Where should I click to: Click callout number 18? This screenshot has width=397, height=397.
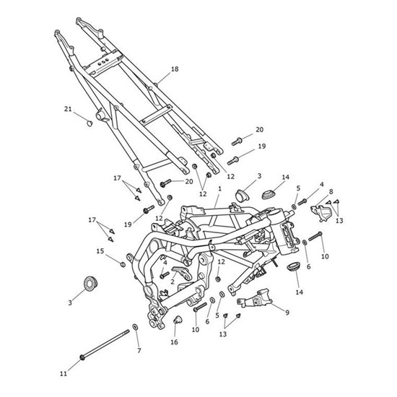[x=175, y=69]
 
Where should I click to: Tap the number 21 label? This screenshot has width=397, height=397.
[x=68, y=109]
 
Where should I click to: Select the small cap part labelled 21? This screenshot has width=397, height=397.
[x=90, y=124]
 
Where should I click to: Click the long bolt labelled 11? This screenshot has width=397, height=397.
[x=105, y=344]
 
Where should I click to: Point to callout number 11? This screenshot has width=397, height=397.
[x=64, y=374]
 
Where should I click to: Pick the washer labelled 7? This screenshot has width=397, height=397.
[x=135, y=326]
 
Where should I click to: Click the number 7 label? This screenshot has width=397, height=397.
[x=139, y=351]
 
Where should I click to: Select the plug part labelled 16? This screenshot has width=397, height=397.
[x=177, y=320]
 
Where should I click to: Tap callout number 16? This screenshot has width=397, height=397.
[x=174, y=342]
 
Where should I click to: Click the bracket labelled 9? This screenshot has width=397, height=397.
[x=255, y=299]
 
